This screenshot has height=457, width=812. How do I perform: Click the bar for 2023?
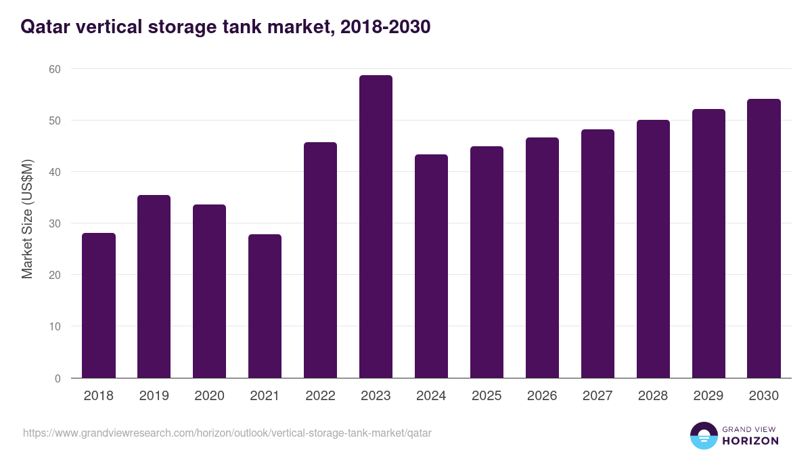pyautogui.click(x=376, y=227)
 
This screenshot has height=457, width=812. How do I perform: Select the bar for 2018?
pyautogui.click(x=99, y=305)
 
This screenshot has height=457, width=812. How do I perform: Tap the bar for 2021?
pyautogui.click(x=265, y=306)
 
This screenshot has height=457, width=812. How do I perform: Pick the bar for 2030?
pyautogui.click(x=764, y=238)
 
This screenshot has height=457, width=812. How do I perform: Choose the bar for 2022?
pyautogui.click(x=320, y=260)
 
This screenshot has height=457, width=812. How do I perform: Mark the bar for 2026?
pyautogui.click(x=542, y=258)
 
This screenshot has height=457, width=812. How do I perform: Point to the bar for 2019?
pyautogui.click(x=154, y=286)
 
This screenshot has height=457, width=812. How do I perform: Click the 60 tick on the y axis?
pyautogui.click(x=54, y=69)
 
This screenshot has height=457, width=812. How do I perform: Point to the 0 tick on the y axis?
pyautogui.click(x=58, y=378)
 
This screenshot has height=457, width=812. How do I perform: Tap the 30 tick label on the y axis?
pyautogui.click(x=54, y=223)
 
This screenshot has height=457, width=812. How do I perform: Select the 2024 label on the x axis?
pyautogui.click(x=431, y=396)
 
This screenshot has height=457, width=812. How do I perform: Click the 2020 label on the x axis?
pyautogui.click(x=209, y=396)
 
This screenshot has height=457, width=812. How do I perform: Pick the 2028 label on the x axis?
pyautogui.click(x=653, y=396)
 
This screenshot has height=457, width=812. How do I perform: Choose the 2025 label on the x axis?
pyautogui.click(x=487, y=396)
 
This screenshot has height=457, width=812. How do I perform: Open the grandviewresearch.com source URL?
pyautogui.click(x=227, y=433)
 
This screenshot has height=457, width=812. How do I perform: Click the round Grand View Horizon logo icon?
pyautogui.click(x=703, y=435)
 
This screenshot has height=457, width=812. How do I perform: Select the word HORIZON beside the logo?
pyautogui.click(x=750, y=441)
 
